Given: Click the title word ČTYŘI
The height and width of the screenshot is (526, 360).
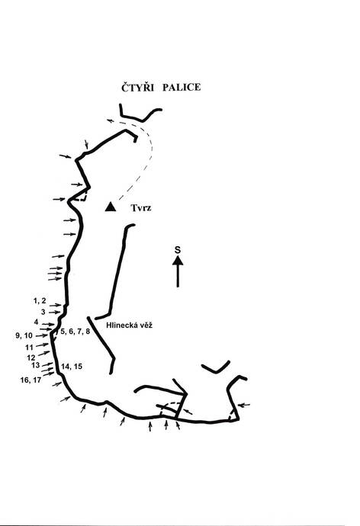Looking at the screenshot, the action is [137, 87].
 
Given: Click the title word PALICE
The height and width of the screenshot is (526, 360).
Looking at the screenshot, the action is [182, 87].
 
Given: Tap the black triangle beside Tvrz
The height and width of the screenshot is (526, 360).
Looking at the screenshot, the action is [111, 207].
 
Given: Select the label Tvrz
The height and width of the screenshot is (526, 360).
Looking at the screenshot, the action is [141, 208].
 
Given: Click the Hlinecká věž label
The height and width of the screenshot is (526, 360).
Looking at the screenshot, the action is [129, 325].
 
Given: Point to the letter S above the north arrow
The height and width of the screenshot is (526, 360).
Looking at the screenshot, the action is [178, 250].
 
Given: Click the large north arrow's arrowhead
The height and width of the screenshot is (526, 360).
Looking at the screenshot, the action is [178, 260].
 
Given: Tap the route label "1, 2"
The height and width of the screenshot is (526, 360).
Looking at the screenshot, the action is [40, 301].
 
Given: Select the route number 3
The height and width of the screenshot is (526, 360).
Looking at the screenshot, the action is [43, 312].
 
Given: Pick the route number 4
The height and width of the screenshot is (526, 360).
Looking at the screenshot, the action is [37, 322].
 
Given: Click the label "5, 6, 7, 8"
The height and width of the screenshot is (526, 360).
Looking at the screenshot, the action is [76, 332].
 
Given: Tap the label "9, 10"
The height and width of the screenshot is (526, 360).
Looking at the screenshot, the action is [24, 335].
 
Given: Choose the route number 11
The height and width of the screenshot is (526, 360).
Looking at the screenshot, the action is [29, 347].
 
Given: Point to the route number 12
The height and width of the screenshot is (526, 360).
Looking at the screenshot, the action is [31, 358].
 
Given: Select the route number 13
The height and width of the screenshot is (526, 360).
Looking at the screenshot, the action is [36, 365].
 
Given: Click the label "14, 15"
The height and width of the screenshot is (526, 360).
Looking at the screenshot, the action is [72, 367].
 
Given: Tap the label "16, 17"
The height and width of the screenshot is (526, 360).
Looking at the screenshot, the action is [31, 380].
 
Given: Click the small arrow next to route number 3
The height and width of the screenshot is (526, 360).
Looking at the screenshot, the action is [55, 313].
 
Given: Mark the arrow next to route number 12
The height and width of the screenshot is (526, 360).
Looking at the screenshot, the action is [44, 353].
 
